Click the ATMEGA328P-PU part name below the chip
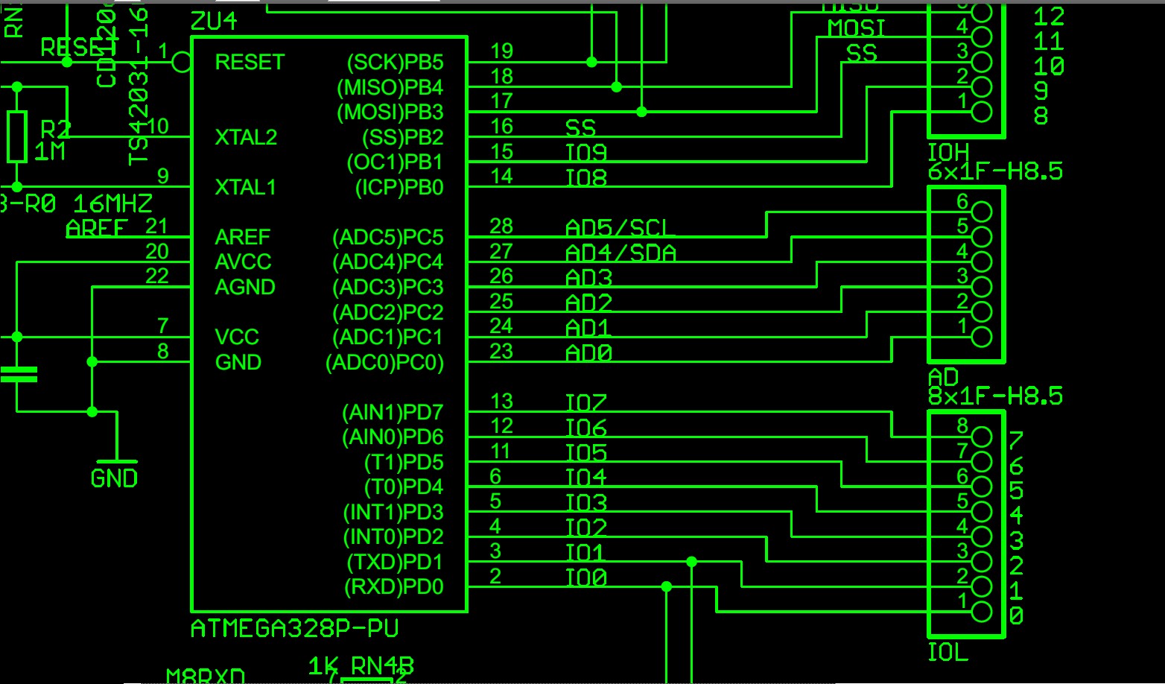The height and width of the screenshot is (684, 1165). tap(294, 629)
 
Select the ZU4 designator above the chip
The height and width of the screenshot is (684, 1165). tap(214, 22)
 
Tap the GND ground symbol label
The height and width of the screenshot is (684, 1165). tap(114, 478)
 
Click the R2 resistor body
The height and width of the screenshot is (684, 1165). tap(17, 136)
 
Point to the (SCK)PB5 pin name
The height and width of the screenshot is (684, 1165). tap(395, 62)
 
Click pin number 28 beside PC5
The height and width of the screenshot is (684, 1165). tap(501, 226)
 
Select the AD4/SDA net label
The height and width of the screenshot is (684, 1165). tap(620, 253)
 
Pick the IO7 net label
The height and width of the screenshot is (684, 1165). tap(586, 403)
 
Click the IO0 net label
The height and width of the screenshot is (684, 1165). tap(586, 578)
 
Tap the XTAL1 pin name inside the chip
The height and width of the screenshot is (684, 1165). tap(245, 187)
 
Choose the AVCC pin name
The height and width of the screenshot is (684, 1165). tap(243, 262)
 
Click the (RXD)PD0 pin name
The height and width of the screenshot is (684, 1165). tap(393, 587)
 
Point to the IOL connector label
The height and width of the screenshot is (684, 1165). tap(947, 653)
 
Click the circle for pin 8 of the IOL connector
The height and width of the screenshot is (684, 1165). tap(982, 437)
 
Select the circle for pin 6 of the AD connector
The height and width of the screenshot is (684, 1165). tap(982, 212)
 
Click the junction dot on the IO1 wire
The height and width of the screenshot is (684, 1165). tap(692, 562)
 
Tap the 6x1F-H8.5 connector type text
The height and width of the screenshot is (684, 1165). tap(995, 172)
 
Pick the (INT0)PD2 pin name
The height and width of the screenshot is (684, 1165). tap(393, 536)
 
